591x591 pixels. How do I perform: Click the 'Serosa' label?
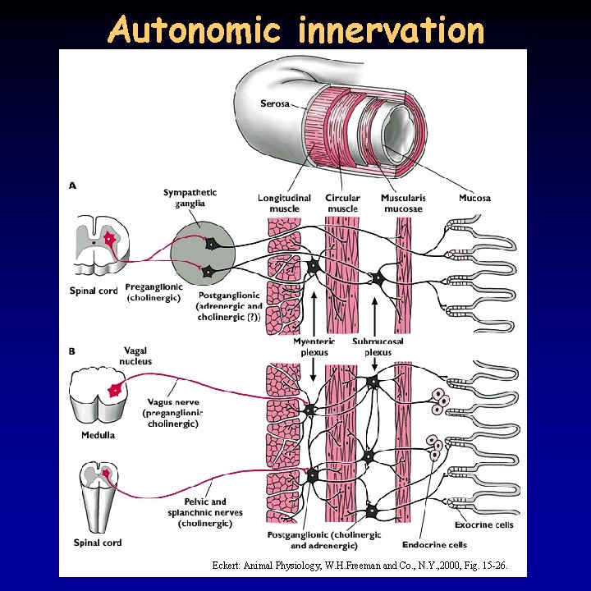(275, 103)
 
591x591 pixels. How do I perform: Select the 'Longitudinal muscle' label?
(284, 204)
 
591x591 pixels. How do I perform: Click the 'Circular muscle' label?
(343, 204)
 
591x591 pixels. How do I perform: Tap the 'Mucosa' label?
(474, 198)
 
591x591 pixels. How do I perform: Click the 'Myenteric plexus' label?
(311, 346)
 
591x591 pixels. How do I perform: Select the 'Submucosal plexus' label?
(378, 346)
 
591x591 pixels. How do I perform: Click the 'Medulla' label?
(97, 435)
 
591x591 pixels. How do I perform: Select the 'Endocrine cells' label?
(434, 544)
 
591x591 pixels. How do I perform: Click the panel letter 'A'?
(72, 186)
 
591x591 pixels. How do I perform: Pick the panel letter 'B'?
(72, 351)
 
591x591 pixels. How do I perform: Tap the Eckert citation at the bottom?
(366, 566)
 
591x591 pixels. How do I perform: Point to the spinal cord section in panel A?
(98, 244)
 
